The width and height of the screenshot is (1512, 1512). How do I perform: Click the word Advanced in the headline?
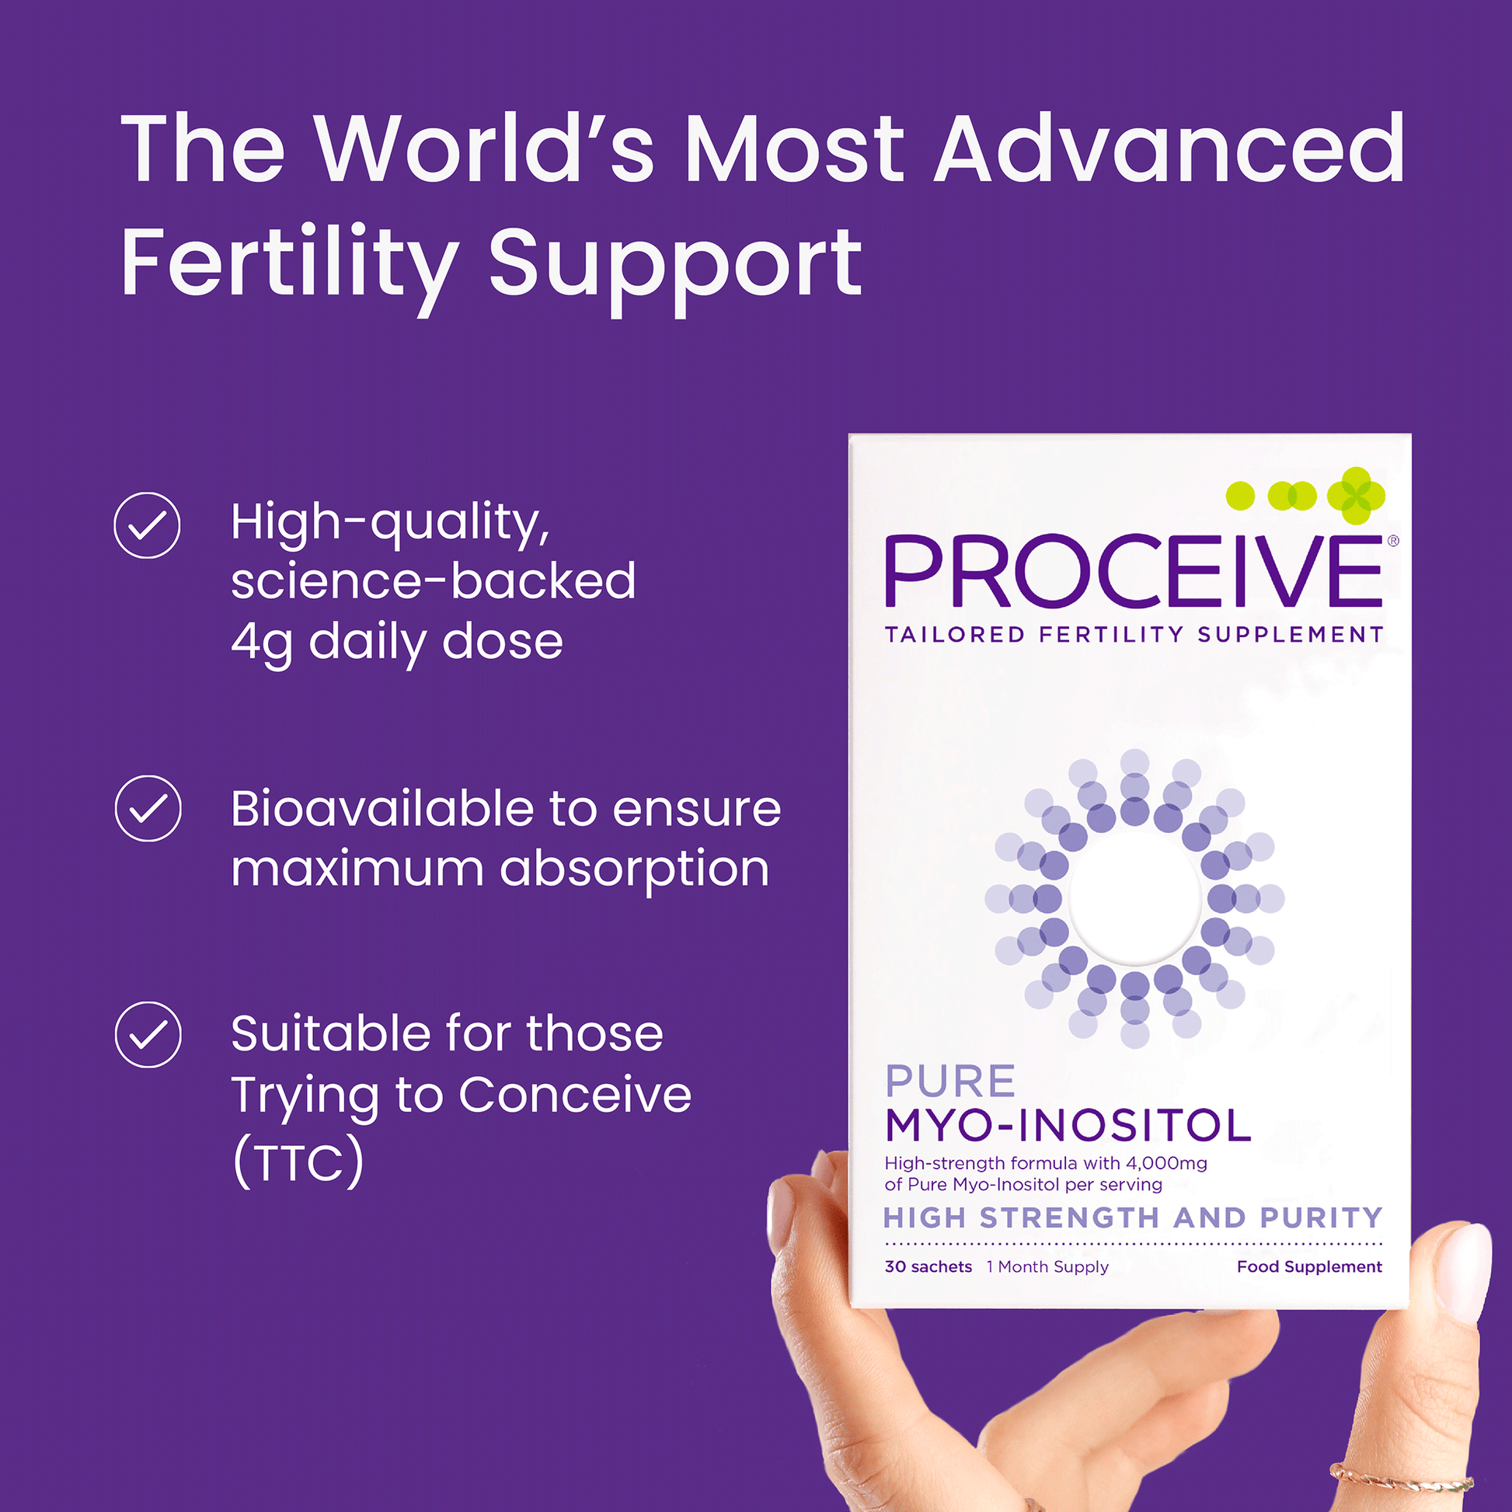click(x=1170, y=148)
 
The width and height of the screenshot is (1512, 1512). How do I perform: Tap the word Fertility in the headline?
click(x=289, y=266)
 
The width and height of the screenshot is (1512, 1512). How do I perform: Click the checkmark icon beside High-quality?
click(x=147, y=525)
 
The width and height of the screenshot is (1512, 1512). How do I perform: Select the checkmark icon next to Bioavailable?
click(x=148, y=808)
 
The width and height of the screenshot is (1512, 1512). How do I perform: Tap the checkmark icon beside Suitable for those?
click(x=148, y=1035)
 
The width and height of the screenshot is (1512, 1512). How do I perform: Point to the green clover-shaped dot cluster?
click(x=1357, y=496)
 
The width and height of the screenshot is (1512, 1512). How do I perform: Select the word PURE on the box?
click(x=950, y=1082)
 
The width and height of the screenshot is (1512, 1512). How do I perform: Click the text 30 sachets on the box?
click(x=928, y=1266)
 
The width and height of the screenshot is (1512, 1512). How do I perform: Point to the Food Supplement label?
click(x=1309, y=1266)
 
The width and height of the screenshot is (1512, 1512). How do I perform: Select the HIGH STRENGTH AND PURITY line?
click(x=1133, y=1218)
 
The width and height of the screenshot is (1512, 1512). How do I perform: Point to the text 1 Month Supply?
click(x=1048, y=1267)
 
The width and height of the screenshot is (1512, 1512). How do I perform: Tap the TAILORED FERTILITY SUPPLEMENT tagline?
click(x=1134, y=634)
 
